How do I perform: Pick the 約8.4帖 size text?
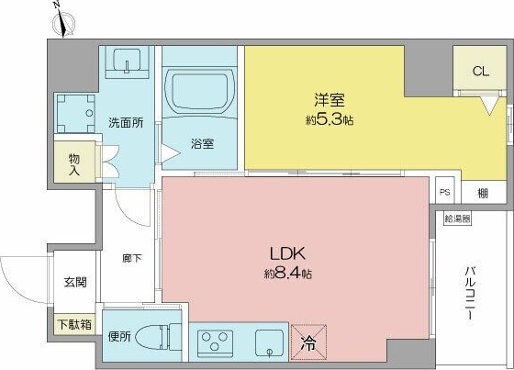tap(286, 273)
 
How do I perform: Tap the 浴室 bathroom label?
tap(203, 143)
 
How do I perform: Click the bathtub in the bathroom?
tap(202, 92)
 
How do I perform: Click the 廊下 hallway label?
tap(130, 259)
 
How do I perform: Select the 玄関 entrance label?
tap(74, 282)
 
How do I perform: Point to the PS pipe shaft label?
tap(445, 192)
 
